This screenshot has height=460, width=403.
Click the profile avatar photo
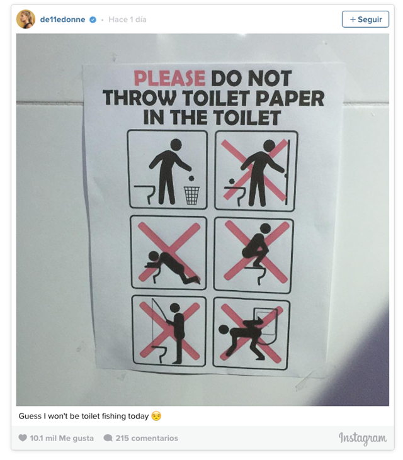[26, 20]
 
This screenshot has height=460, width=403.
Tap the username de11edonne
[62, 20]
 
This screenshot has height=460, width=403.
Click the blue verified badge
[93, 20]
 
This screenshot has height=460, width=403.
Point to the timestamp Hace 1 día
[127, 20]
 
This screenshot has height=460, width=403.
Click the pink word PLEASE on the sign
[169, 78]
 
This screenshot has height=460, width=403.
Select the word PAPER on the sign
[290, 98]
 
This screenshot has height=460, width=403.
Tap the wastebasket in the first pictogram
[191, 195]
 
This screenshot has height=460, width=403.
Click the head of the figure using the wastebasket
[176, 144]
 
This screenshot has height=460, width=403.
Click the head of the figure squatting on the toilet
[265, 228]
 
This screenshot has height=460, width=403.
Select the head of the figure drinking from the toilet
[154, 256]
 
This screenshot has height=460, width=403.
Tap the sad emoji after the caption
[156, 416]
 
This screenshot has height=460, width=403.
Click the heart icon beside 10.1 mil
[23, 438]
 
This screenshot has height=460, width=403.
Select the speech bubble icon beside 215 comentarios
[108, 438]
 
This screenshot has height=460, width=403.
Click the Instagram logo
[363, 439]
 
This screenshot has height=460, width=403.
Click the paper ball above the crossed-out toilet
[232, 181]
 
